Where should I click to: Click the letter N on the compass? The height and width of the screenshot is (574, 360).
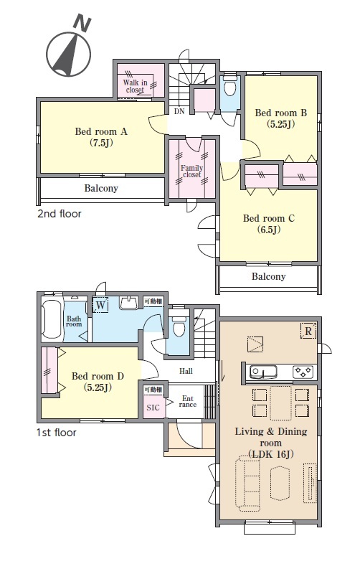[x=82, y=23]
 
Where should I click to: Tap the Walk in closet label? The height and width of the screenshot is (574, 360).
[x=135, y=86]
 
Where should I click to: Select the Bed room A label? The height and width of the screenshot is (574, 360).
[x=101, y=131]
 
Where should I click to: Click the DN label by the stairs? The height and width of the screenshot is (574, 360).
[x=179, y=111]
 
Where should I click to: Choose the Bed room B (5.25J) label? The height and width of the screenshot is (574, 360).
[x=280, y=118]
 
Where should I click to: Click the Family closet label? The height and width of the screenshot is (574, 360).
[x=191, y=171]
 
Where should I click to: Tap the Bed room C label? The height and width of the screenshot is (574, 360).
[x=268, y=219]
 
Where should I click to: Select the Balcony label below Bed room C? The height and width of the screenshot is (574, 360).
[x=268, y=276]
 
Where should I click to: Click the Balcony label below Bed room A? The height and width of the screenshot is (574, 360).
[x=101, y=188]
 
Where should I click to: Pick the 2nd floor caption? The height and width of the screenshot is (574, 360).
[x=60, y=213]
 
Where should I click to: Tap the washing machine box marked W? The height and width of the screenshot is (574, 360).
[x=100, y=305]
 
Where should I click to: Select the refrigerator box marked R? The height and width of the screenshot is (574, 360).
[x=308, y=331]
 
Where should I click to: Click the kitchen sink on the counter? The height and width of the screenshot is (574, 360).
[x=263, y=372]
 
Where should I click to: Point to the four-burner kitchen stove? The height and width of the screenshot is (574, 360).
[x=303, y=372]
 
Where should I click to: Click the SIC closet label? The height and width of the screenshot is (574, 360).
[x=153, y=408]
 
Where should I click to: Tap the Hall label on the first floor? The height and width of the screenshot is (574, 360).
[x=186, y=371]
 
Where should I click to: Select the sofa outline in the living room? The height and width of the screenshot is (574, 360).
[x=248, y=483]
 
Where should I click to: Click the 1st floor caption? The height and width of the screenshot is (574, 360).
[x=57, y=433]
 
